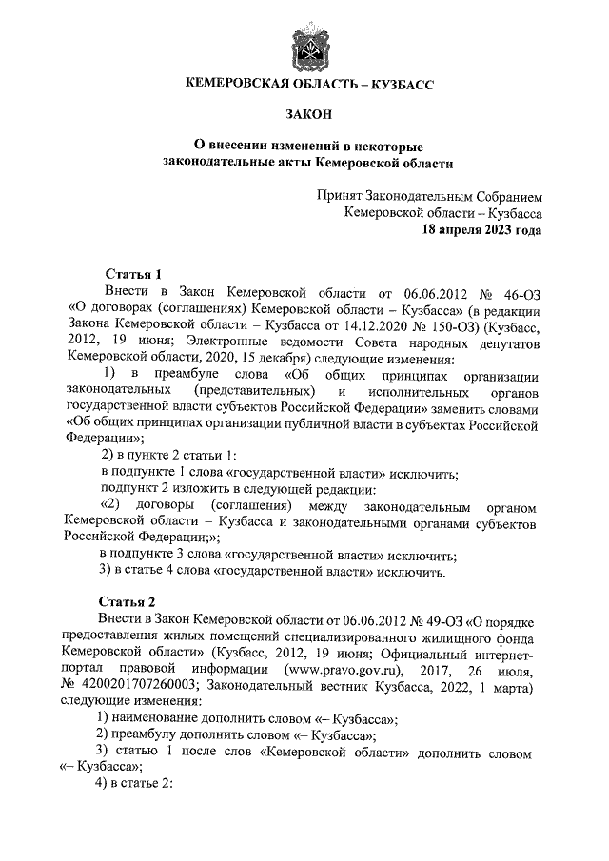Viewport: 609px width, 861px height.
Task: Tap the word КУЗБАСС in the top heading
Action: click(397, 85)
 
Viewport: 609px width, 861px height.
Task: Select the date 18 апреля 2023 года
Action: click(482, 230)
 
